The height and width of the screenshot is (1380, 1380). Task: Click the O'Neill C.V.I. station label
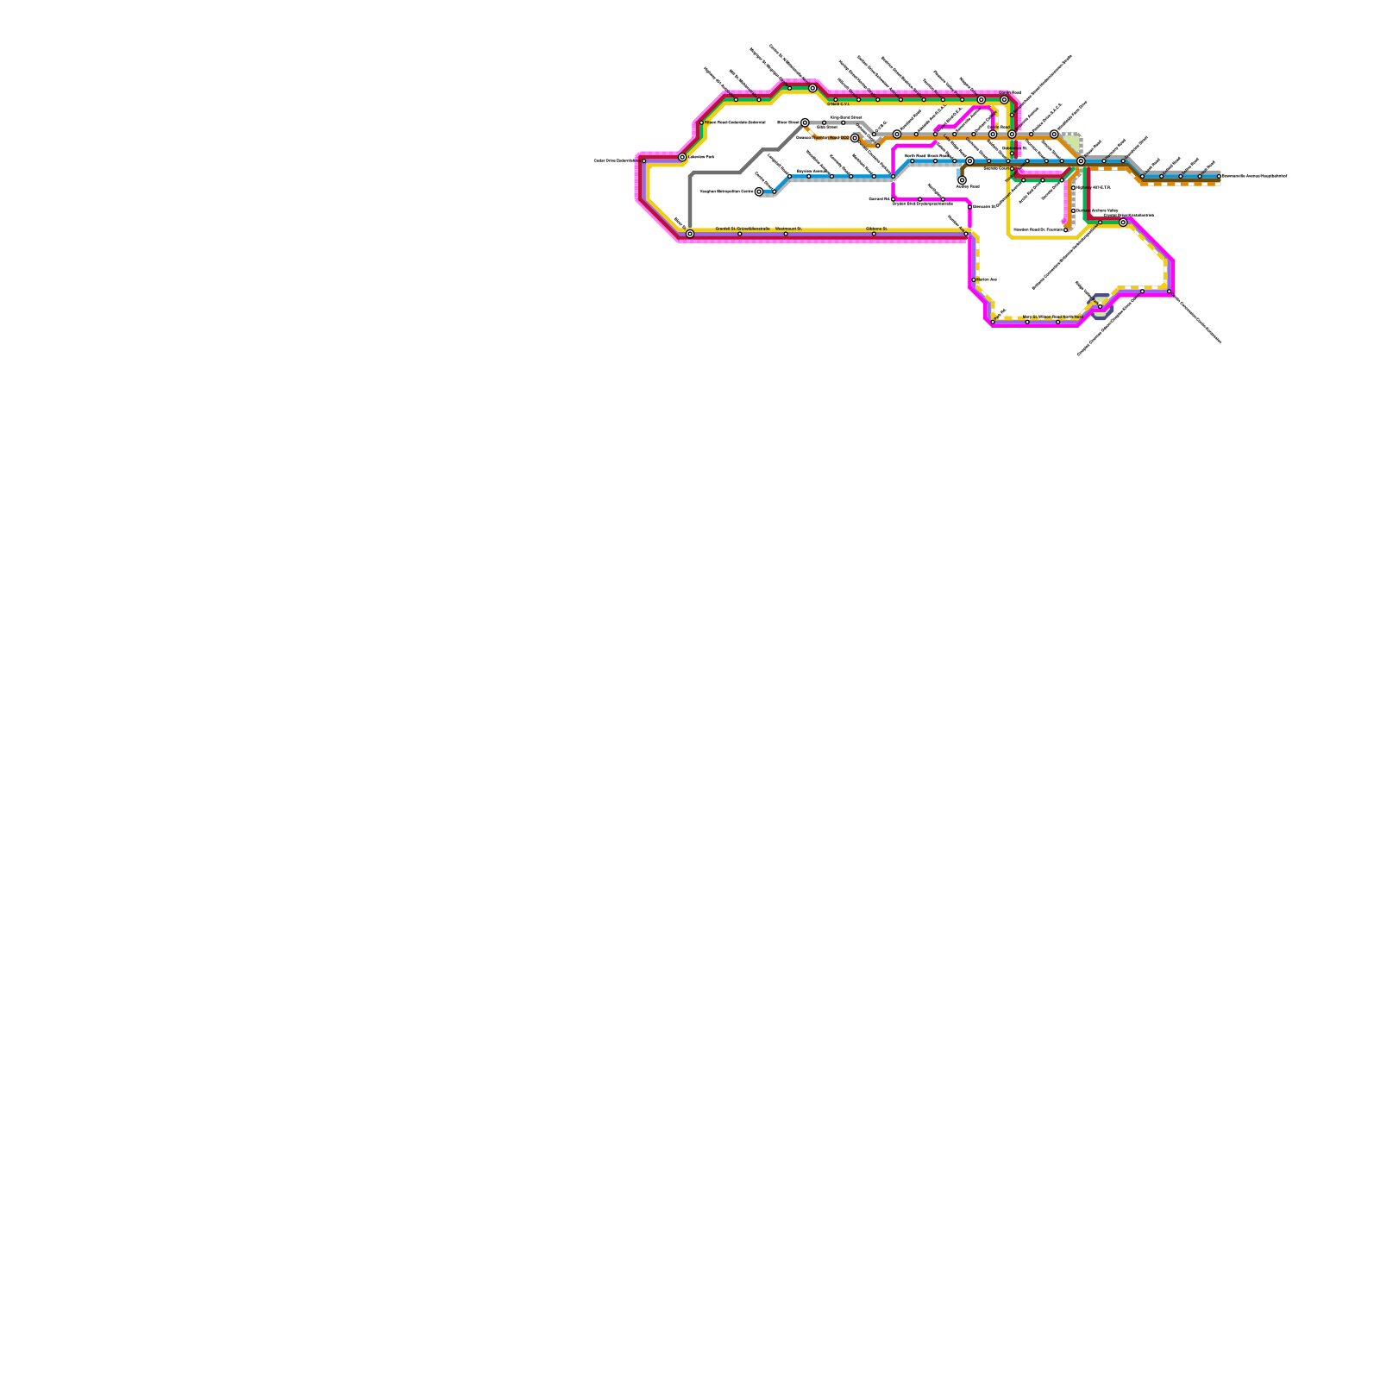pyautogui.click(x=839, y=104)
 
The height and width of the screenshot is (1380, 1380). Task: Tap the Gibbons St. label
pyautogui.click(x=876, y=229)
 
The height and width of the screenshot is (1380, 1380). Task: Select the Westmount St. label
pyautogui.click(x=788, y=229)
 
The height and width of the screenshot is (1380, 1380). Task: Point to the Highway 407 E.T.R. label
pyautogui.click(x=1095, y=187)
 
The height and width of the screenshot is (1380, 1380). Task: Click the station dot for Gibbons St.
pyautogui.click(x=874, y=234)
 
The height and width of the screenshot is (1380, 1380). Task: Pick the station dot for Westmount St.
pyautogui.click(x=786, y=234)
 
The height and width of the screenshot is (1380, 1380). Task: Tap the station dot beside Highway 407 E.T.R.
pyautogui.click(x=1074, y=187)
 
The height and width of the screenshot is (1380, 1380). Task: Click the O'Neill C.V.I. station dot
pyautogui.click(x=835, y=100)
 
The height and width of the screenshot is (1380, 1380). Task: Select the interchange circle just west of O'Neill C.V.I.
pyautogui.click(x=812, y=88)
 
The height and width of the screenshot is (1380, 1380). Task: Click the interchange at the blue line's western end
pyautogui.click(x=759, y=191)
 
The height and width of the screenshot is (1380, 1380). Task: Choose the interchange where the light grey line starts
pyautogui.click(x=805, y=122)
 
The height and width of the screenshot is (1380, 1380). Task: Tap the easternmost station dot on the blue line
pyautogui.click(x=1219, y=176)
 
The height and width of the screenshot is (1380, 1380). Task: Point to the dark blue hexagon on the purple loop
pyautogui.click(x=1101, y=307)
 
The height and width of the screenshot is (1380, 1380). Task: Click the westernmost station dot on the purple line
pyautogui.click(x=643, y=161)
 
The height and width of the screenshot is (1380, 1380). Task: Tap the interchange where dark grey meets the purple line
pyautogui.click(x=690, y=234)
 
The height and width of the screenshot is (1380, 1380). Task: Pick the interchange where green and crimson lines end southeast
pyautogui.click(x=1123, y=223)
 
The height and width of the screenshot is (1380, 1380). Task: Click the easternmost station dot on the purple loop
pyautogui.click(x=1170, y=292)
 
